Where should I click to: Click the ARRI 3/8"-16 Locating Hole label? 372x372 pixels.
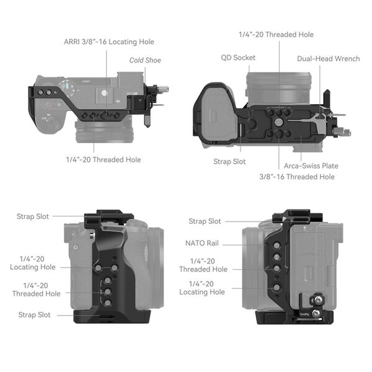(108, 42)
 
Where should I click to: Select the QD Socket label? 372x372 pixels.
(238, 58)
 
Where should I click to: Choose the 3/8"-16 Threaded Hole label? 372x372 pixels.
(297, 177)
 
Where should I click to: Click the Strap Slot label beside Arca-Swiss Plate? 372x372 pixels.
(229, 162)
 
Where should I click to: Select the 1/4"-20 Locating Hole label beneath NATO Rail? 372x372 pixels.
(202, 288)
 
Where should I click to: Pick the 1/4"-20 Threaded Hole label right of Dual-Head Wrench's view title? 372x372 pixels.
(276, 35)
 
